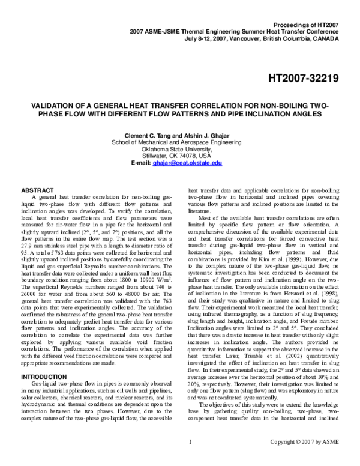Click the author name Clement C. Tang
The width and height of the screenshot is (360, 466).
pos(148,136)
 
